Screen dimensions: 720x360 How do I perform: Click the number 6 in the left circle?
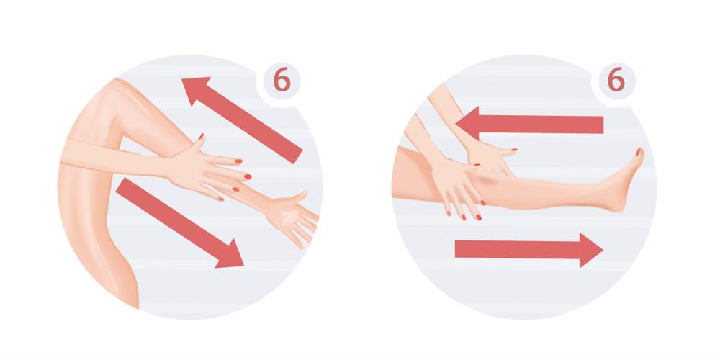(282, 81)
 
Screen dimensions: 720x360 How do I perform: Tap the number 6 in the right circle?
(616, 81)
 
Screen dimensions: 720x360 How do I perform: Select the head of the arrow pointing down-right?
(230, 256)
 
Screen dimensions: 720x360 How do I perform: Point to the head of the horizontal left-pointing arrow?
(468, 124)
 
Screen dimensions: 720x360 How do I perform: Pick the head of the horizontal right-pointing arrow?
(591, 250)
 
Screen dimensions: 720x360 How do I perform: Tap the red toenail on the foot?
(638, 151)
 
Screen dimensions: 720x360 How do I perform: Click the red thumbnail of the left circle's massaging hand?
(201, 136)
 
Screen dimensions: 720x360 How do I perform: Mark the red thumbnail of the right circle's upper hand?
(513, 150)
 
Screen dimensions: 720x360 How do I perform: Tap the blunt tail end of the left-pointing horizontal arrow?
(603, 125)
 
